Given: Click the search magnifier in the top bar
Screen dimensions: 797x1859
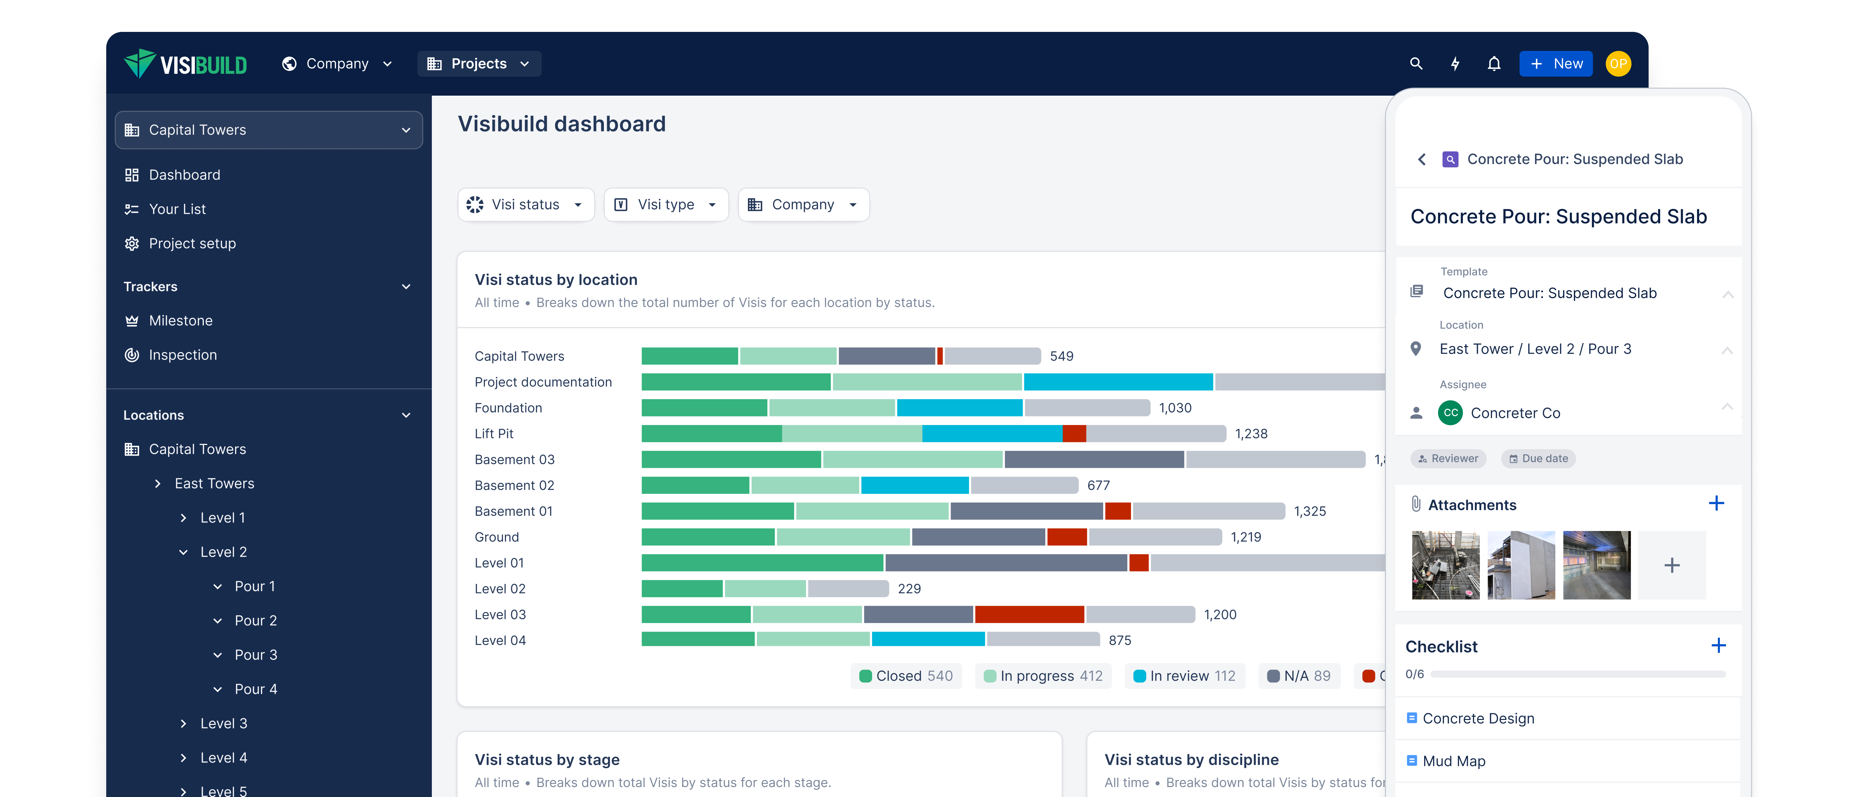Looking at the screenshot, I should [x=1416, y=63].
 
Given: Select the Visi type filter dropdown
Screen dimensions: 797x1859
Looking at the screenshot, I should [x=665, y=205].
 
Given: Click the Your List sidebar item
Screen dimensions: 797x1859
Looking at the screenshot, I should [x=177, y=209].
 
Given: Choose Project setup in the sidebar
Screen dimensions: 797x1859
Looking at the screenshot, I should [x=192, y=243].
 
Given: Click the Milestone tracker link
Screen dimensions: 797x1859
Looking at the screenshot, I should [x=180, y=320].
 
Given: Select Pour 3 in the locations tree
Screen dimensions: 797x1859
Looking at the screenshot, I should [x=256, y=655].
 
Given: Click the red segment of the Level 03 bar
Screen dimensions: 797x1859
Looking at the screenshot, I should [x=1029, y=614].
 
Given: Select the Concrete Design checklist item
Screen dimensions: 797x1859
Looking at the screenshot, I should [x=1478, y=718].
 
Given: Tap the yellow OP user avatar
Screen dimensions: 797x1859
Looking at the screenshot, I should [x=1618, y=63].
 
